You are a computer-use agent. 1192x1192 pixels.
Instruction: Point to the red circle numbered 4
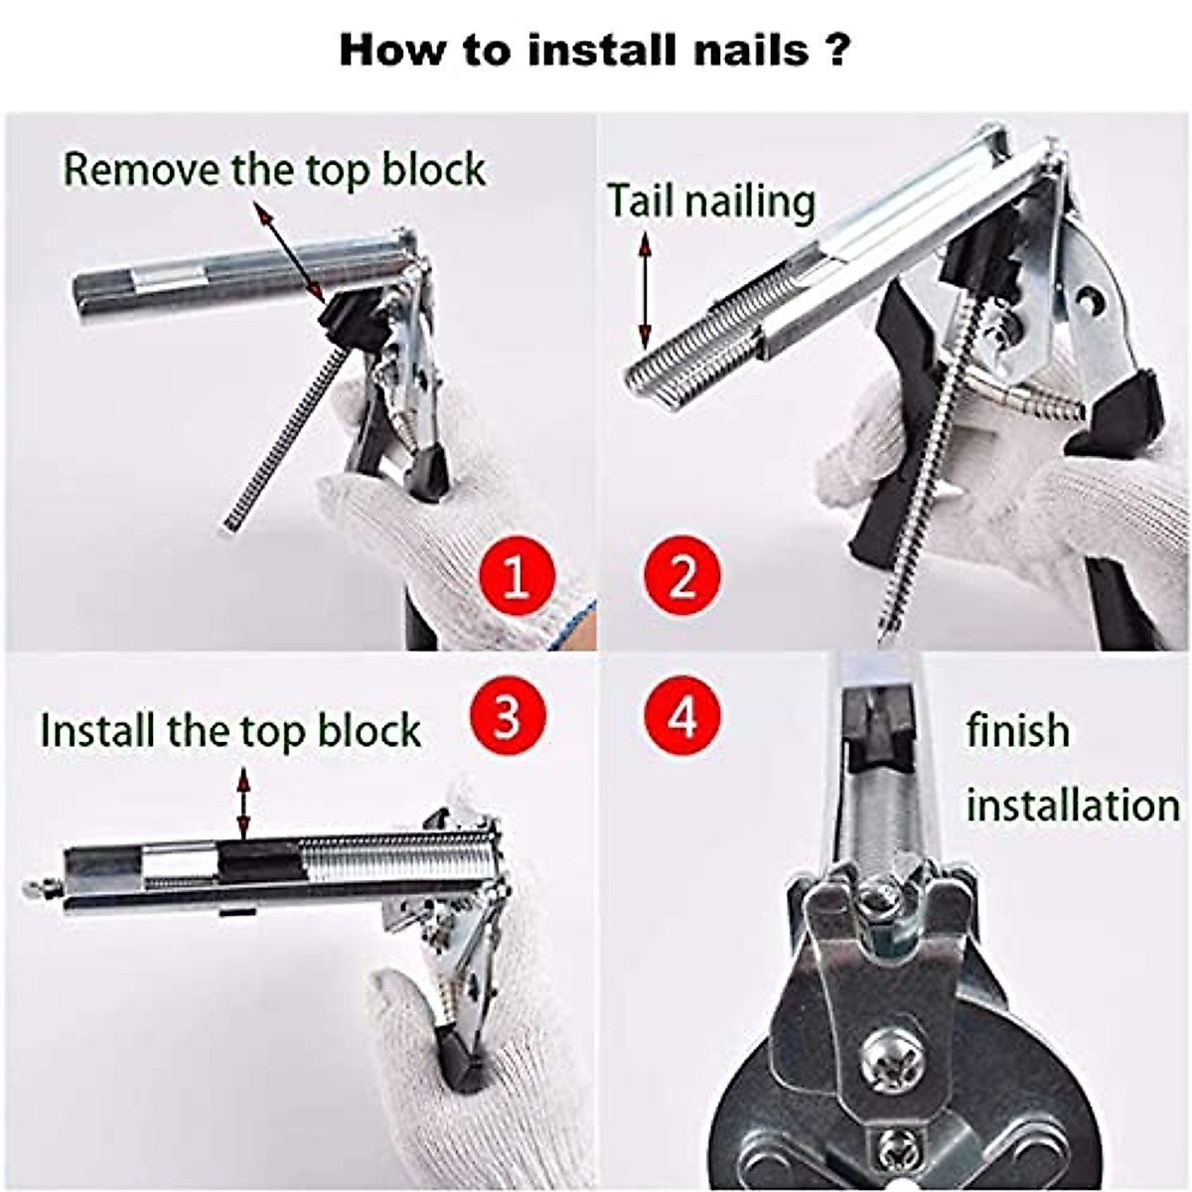click(681, 715)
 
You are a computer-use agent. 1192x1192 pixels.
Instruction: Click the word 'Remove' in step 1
click(142, 170)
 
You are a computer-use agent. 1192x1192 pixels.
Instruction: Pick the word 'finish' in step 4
click(1018, 731)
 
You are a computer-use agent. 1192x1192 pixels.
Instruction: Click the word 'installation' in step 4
click(1073, 805)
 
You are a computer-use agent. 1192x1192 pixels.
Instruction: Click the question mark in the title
click(836, 50)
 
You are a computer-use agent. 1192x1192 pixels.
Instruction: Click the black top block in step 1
click(350, 318)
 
